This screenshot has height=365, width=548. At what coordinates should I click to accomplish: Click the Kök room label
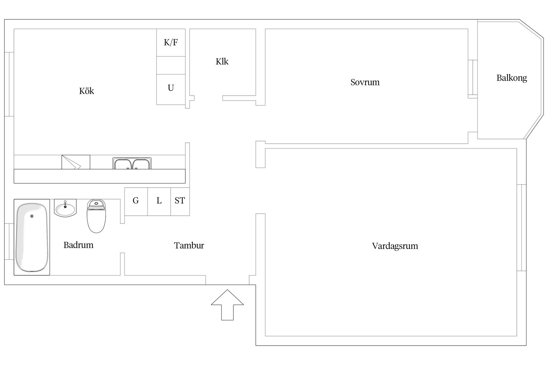[x=86, y=91]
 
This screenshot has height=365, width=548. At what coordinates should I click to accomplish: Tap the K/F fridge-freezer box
[x=171, y=42]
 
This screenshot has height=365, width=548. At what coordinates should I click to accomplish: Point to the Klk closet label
[x=222, y=62]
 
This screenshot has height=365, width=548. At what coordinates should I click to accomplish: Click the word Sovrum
[x=365, y=82]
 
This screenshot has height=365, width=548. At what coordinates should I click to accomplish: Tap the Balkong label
[x=511, y=78]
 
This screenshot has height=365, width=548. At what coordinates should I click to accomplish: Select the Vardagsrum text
[x=395, y=246]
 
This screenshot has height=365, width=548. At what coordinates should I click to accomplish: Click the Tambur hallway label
[x=189, y=246]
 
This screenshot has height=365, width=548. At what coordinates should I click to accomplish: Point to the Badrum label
[x=78, y=245]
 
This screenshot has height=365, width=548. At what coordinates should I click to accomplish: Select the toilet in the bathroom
[x=96, y=216]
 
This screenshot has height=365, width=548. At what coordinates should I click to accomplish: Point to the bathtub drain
[x=32, y=216]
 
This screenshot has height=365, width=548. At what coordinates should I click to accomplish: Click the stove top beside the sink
[x=76, y=162]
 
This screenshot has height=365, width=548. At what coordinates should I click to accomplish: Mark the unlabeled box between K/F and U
[x=171, y=65]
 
